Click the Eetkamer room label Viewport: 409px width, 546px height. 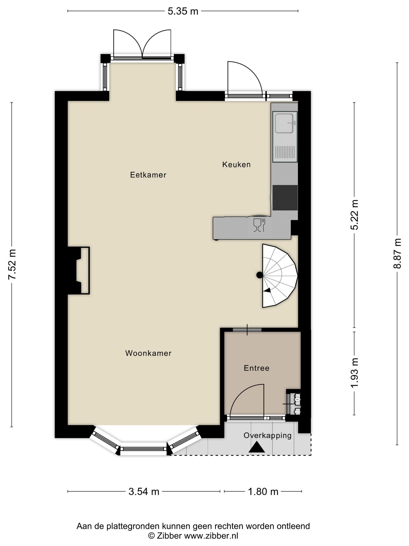point(148,175)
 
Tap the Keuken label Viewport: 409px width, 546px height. point(236,164)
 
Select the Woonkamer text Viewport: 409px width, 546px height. point(148,353)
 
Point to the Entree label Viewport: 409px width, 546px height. point(257,368)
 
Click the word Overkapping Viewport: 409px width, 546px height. point(268,436)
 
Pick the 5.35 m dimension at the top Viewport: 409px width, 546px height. point(183,11)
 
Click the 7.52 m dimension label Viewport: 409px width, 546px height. point(12,264)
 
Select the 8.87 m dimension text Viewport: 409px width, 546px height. point(397,254)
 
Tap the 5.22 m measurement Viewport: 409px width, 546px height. point(354,215)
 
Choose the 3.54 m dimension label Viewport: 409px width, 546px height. point(144,491)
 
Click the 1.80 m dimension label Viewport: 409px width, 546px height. point(263,491)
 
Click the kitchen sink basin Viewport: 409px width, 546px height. point(284,123)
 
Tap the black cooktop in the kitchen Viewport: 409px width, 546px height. point(285,198)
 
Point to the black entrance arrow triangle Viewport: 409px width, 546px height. point(257,447)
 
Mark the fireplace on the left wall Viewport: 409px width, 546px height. point(79,271)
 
